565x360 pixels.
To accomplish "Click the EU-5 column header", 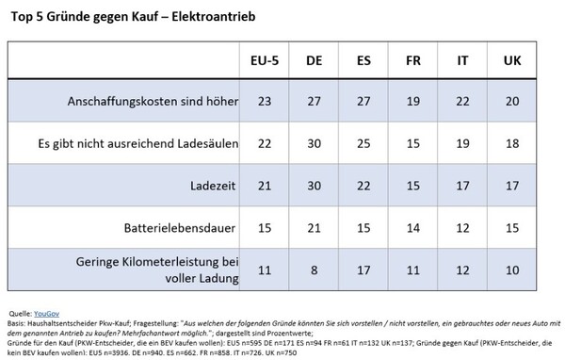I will click(x=263, y=60).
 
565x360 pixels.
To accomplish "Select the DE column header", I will click(x=315, y=60).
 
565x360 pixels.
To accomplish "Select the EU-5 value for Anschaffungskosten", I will click(x=263, y=101).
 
